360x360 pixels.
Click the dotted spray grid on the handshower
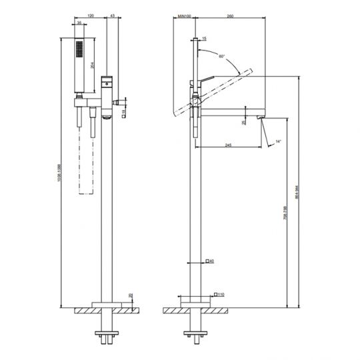pos(79,52)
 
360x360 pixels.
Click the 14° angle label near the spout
pos(279,141)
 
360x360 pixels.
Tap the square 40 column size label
pos(211,261)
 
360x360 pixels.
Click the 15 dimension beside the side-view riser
pos(204,39)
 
